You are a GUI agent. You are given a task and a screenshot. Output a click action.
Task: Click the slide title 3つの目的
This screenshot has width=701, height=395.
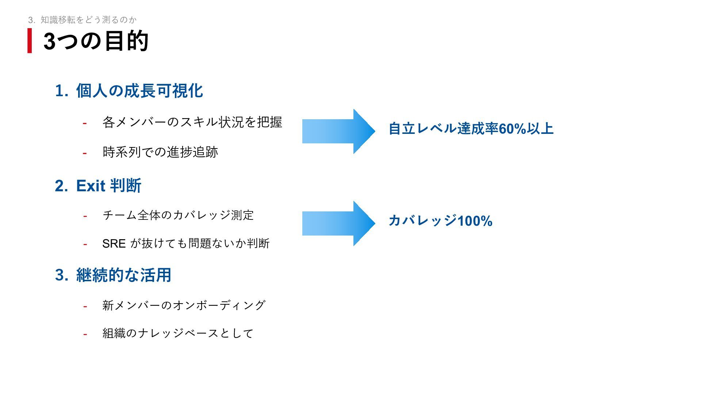click(x=96, y=41)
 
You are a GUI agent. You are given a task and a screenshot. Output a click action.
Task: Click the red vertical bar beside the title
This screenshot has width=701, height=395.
click(x=30, y=41)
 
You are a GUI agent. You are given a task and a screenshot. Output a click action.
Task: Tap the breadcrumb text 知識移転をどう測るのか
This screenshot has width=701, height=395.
click(x=88, y=20)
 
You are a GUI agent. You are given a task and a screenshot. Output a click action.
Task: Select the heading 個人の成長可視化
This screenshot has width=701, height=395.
click(x=139, y=91)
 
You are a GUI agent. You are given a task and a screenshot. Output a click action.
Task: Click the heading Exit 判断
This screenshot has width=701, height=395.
click(x=108, y=186)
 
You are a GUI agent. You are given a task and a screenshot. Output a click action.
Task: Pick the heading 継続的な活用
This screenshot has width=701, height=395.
click(x=123, y=275)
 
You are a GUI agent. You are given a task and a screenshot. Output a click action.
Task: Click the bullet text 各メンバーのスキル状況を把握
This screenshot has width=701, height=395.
click(x=192, y=122)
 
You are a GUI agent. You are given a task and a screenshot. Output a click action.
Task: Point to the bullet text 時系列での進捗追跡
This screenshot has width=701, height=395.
click(x=160, y=152)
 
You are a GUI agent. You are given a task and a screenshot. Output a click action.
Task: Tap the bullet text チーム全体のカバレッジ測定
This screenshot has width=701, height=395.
click(x=178, y=215)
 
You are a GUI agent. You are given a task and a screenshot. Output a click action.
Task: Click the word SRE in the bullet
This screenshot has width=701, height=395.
click(x=114, y=244)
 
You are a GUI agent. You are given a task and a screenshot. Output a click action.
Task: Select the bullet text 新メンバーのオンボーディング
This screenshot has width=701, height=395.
click(x=184, y=305)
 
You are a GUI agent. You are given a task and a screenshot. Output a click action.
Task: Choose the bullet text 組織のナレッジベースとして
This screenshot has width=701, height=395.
click(x=178, y=333)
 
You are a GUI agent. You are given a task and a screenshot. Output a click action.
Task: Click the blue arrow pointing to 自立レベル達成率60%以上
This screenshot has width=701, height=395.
click(x=338, y=131)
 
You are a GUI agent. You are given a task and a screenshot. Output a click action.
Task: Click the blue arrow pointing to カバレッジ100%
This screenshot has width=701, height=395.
click(x=338, y=223)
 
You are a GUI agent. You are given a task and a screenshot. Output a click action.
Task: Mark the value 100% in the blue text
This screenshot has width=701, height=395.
click(x=475, y=221)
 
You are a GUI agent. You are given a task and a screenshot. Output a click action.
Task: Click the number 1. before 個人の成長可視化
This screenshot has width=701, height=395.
click(x=61, y=91)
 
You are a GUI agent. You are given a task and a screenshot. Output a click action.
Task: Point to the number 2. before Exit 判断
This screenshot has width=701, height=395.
click(x=61, y=186)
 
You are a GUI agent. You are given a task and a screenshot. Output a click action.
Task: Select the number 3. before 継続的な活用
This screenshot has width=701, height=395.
click(x=61, y=275)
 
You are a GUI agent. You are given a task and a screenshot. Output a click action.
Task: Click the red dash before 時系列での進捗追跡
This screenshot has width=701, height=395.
click(x=85, y=153)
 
